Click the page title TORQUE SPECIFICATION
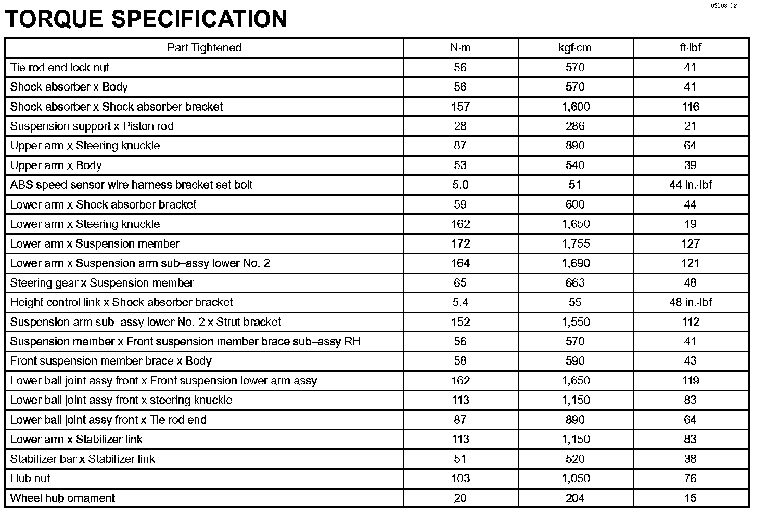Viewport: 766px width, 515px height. tap(146, 19)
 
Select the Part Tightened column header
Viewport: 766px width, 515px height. tap(204, 48)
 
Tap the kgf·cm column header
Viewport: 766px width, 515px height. tap(575, 48)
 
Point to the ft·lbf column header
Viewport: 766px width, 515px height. tap(690, 48)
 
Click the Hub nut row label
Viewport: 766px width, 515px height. tap(30, 479)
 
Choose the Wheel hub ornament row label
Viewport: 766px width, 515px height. tap(62, 498)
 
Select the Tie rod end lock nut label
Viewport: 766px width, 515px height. tap(60, 68)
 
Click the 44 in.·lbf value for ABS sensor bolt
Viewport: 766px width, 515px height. tap(690, 185)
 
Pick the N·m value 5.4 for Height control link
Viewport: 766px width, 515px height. tap(460, 302)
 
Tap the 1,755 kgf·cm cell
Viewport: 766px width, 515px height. tap(575, 243)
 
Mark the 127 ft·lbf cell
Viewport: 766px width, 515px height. tap(690, 243)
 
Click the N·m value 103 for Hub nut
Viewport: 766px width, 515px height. tap(460, 479)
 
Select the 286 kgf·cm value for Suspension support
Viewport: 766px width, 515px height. tap(575, 126)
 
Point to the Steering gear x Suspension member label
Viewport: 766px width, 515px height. tap(102, 283)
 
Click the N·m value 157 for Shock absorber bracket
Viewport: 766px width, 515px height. tap(460, 107)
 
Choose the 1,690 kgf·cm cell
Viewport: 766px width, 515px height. tap(575, 263)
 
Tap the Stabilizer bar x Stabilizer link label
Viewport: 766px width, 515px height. tap(83, 459)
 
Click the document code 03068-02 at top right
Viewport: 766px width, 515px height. tap(724, 6)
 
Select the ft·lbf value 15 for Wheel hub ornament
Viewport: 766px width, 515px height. tap(690, 498)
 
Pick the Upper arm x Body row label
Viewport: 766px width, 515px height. tap(56, 165)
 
